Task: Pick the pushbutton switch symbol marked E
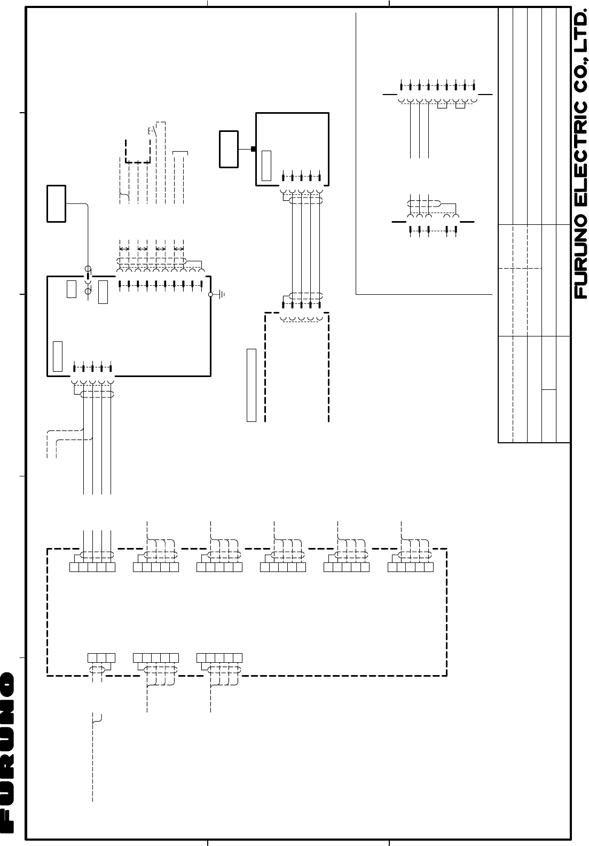pos(152,130)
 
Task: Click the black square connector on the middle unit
pos(254,149)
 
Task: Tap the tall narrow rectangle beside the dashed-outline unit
pos(252,385)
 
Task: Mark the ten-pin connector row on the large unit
pos(161,285)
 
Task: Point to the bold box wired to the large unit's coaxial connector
pos(56,203)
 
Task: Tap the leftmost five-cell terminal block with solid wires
pos(92,567)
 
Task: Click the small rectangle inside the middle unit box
pos(266,166)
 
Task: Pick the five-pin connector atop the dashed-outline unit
pos(301,305)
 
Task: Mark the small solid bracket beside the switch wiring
pos(181,153)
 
